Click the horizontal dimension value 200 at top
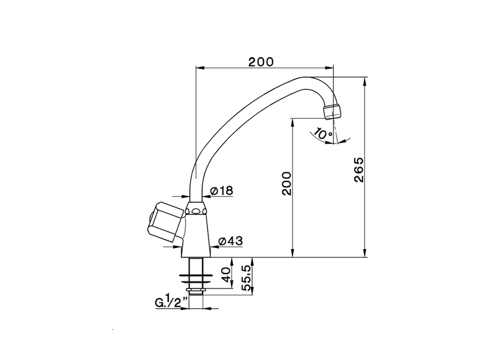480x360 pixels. pos(261,61)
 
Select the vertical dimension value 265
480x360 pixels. pos(359,169)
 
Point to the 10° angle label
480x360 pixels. pos(323,133)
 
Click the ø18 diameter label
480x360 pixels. pos(222,191)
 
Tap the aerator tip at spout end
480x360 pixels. pos(333,111)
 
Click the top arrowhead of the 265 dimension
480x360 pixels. pos(364,80)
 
